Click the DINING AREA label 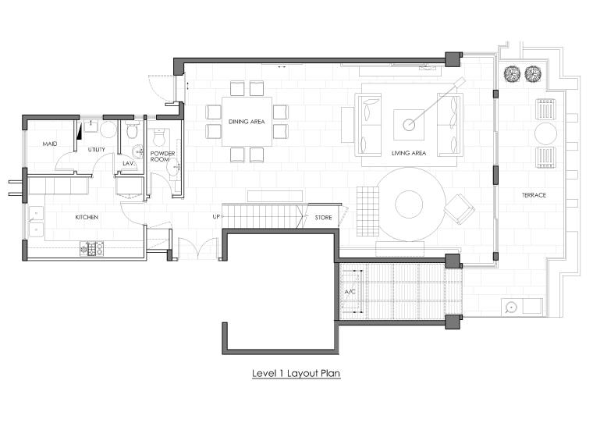[247, 122]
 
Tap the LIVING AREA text [408, 153]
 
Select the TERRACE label [534, 195]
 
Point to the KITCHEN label [87, 217]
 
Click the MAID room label [49, 144]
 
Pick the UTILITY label [97, 149]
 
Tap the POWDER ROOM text [162, 156]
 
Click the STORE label [323, 218]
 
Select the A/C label [350, 292]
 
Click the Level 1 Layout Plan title [296, 373]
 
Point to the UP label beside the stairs [216, 217]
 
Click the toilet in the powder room [159, 137]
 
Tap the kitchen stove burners [91, 249]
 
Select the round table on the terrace [545, 133]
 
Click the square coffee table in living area [409, 125]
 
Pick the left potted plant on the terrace [512, 74]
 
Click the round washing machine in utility [108, 130]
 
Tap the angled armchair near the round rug [459, 208]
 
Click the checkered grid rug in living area [368, 211]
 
